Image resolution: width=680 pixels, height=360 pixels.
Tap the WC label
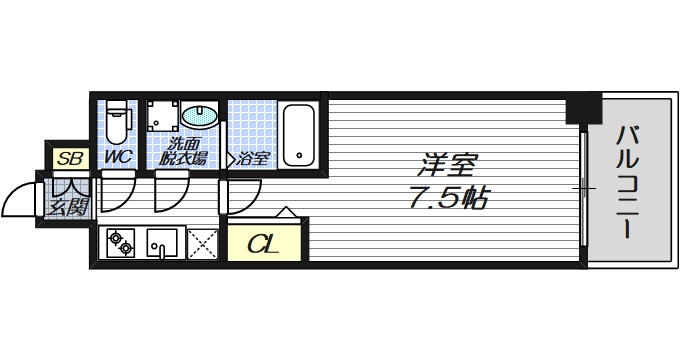[x=119, y=157]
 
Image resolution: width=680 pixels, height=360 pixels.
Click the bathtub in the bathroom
[x=297, y=135]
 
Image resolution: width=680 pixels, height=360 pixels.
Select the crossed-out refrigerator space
[x=202, y=242]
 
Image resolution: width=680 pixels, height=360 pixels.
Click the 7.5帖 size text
[x=447, y=197]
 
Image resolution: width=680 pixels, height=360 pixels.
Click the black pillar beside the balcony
[x=583, y=107]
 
